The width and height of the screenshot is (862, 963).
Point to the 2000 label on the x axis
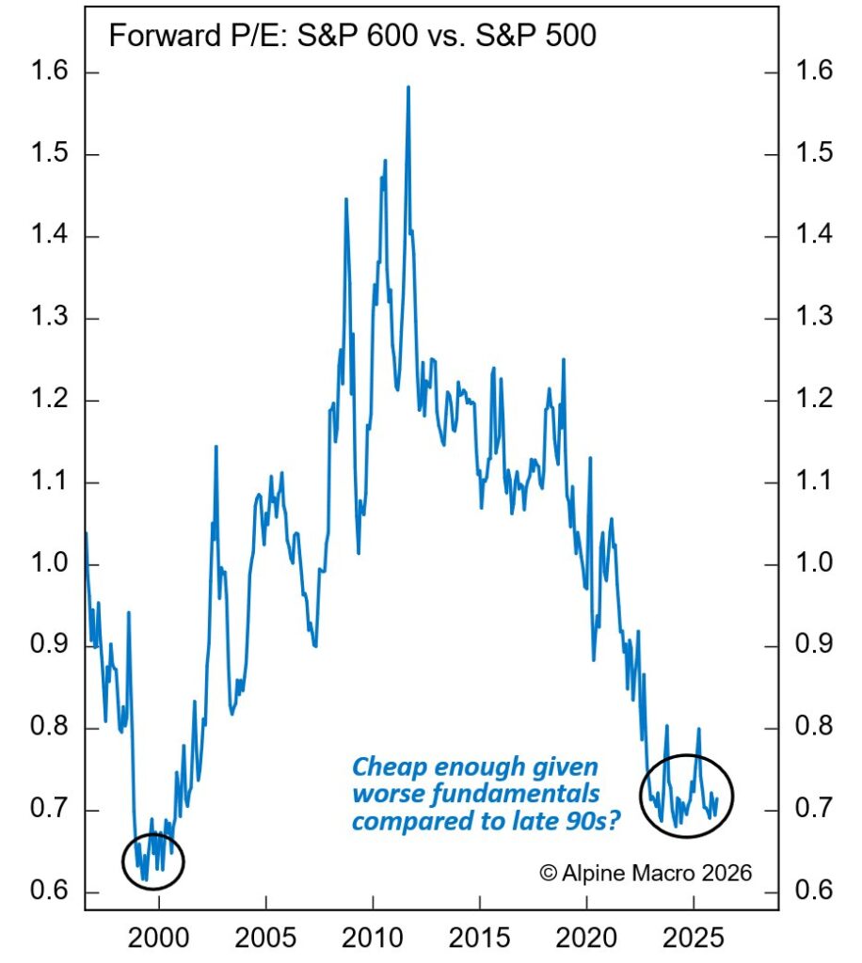point(158,939)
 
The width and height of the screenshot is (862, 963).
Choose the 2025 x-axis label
point(694,939)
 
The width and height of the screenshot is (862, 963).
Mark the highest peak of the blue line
point(408,87)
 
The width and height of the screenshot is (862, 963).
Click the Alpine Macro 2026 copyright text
point(646,873)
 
